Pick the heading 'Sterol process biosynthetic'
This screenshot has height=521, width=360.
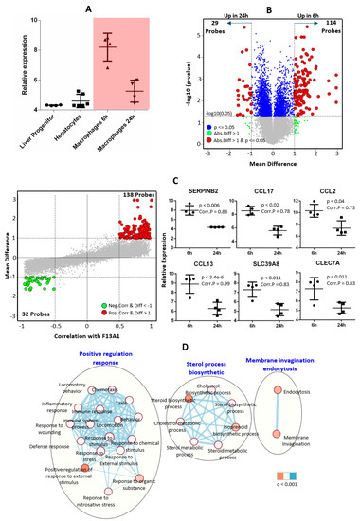(225, 386)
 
